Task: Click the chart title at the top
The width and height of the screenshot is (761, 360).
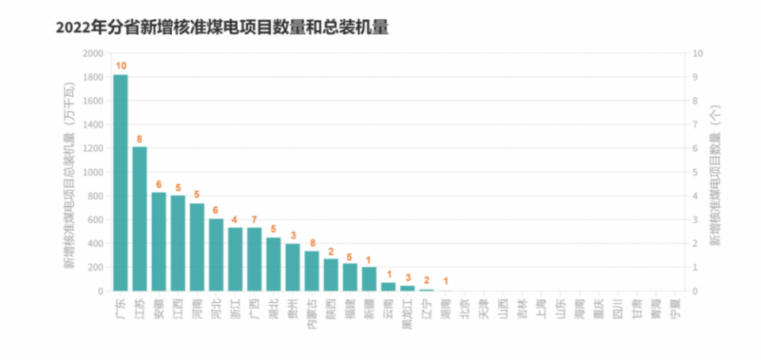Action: pyautogui.click(x=222, y=27)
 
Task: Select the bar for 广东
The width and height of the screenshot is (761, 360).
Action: pyautogui.click(x=120, y=182)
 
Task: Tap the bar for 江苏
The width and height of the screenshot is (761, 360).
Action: pyautogui.click(x=140, y=219)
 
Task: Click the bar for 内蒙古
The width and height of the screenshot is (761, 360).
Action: pyautogui.click(x=312, y=270)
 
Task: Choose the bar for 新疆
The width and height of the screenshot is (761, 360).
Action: pyautogui.click(x=369, y=278)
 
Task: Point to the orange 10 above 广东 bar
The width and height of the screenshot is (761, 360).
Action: pyautogui.click(x=120, y=66)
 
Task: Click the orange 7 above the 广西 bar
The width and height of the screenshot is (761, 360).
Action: pyautogui.click(x=254, y=220)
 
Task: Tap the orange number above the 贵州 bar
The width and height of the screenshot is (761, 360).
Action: pyautogui.click(x=293, y=236)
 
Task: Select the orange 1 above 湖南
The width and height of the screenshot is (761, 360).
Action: pyautogui.click(x=446, y=281)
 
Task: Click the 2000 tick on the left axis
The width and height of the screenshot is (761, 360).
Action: pyautogui.click(x=93, y=53)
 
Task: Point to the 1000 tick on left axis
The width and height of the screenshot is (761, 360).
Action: pyautogui.click(x=93, y=172)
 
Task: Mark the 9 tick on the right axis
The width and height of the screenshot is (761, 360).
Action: pyautogui.click(x=695, y=77)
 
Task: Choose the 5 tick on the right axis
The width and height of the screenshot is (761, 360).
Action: pyautogui.click(x=695, y=172)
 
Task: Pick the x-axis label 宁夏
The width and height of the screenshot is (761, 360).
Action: pyautogui.click(x=675, y=307)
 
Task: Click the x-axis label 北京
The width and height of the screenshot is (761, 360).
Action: pyautogui.click(x=465, y=307)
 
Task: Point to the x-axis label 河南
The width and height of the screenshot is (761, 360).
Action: pyautogui.click(x=197, y=307)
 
